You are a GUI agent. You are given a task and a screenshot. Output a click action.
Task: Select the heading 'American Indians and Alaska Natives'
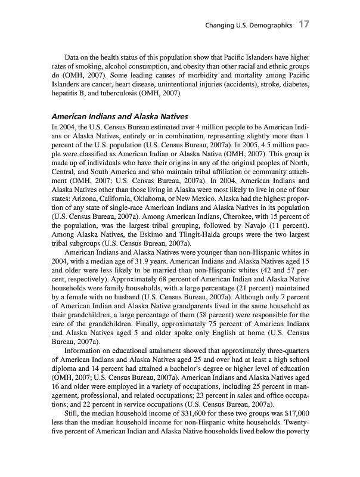[x=121, y=116]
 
